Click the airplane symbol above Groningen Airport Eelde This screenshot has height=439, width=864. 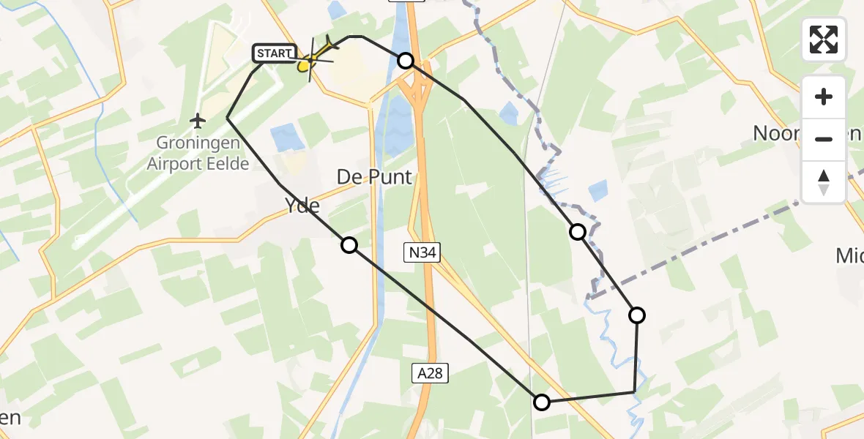point(198,119)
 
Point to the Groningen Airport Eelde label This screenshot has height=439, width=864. point(198,154)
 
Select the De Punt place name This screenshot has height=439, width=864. point(374,177)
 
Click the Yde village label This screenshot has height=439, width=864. point(302,206)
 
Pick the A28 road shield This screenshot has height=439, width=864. point(429,374)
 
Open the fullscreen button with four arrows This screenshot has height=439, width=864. point(824,40)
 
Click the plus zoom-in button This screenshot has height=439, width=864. point(824,97)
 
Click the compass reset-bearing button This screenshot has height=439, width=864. point(824,181)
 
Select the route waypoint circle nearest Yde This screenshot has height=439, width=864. point(349,245)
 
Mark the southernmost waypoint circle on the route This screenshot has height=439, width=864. point(541,402)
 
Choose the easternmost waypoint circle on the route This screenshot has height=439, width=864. point(637,315)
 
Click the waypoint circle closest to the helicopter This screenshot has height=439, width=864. point(405,61)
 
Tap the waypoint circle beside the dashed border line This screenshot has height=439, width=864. point(578,232)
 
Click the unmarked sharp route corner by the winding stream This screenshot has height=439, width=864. point(634,393)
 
